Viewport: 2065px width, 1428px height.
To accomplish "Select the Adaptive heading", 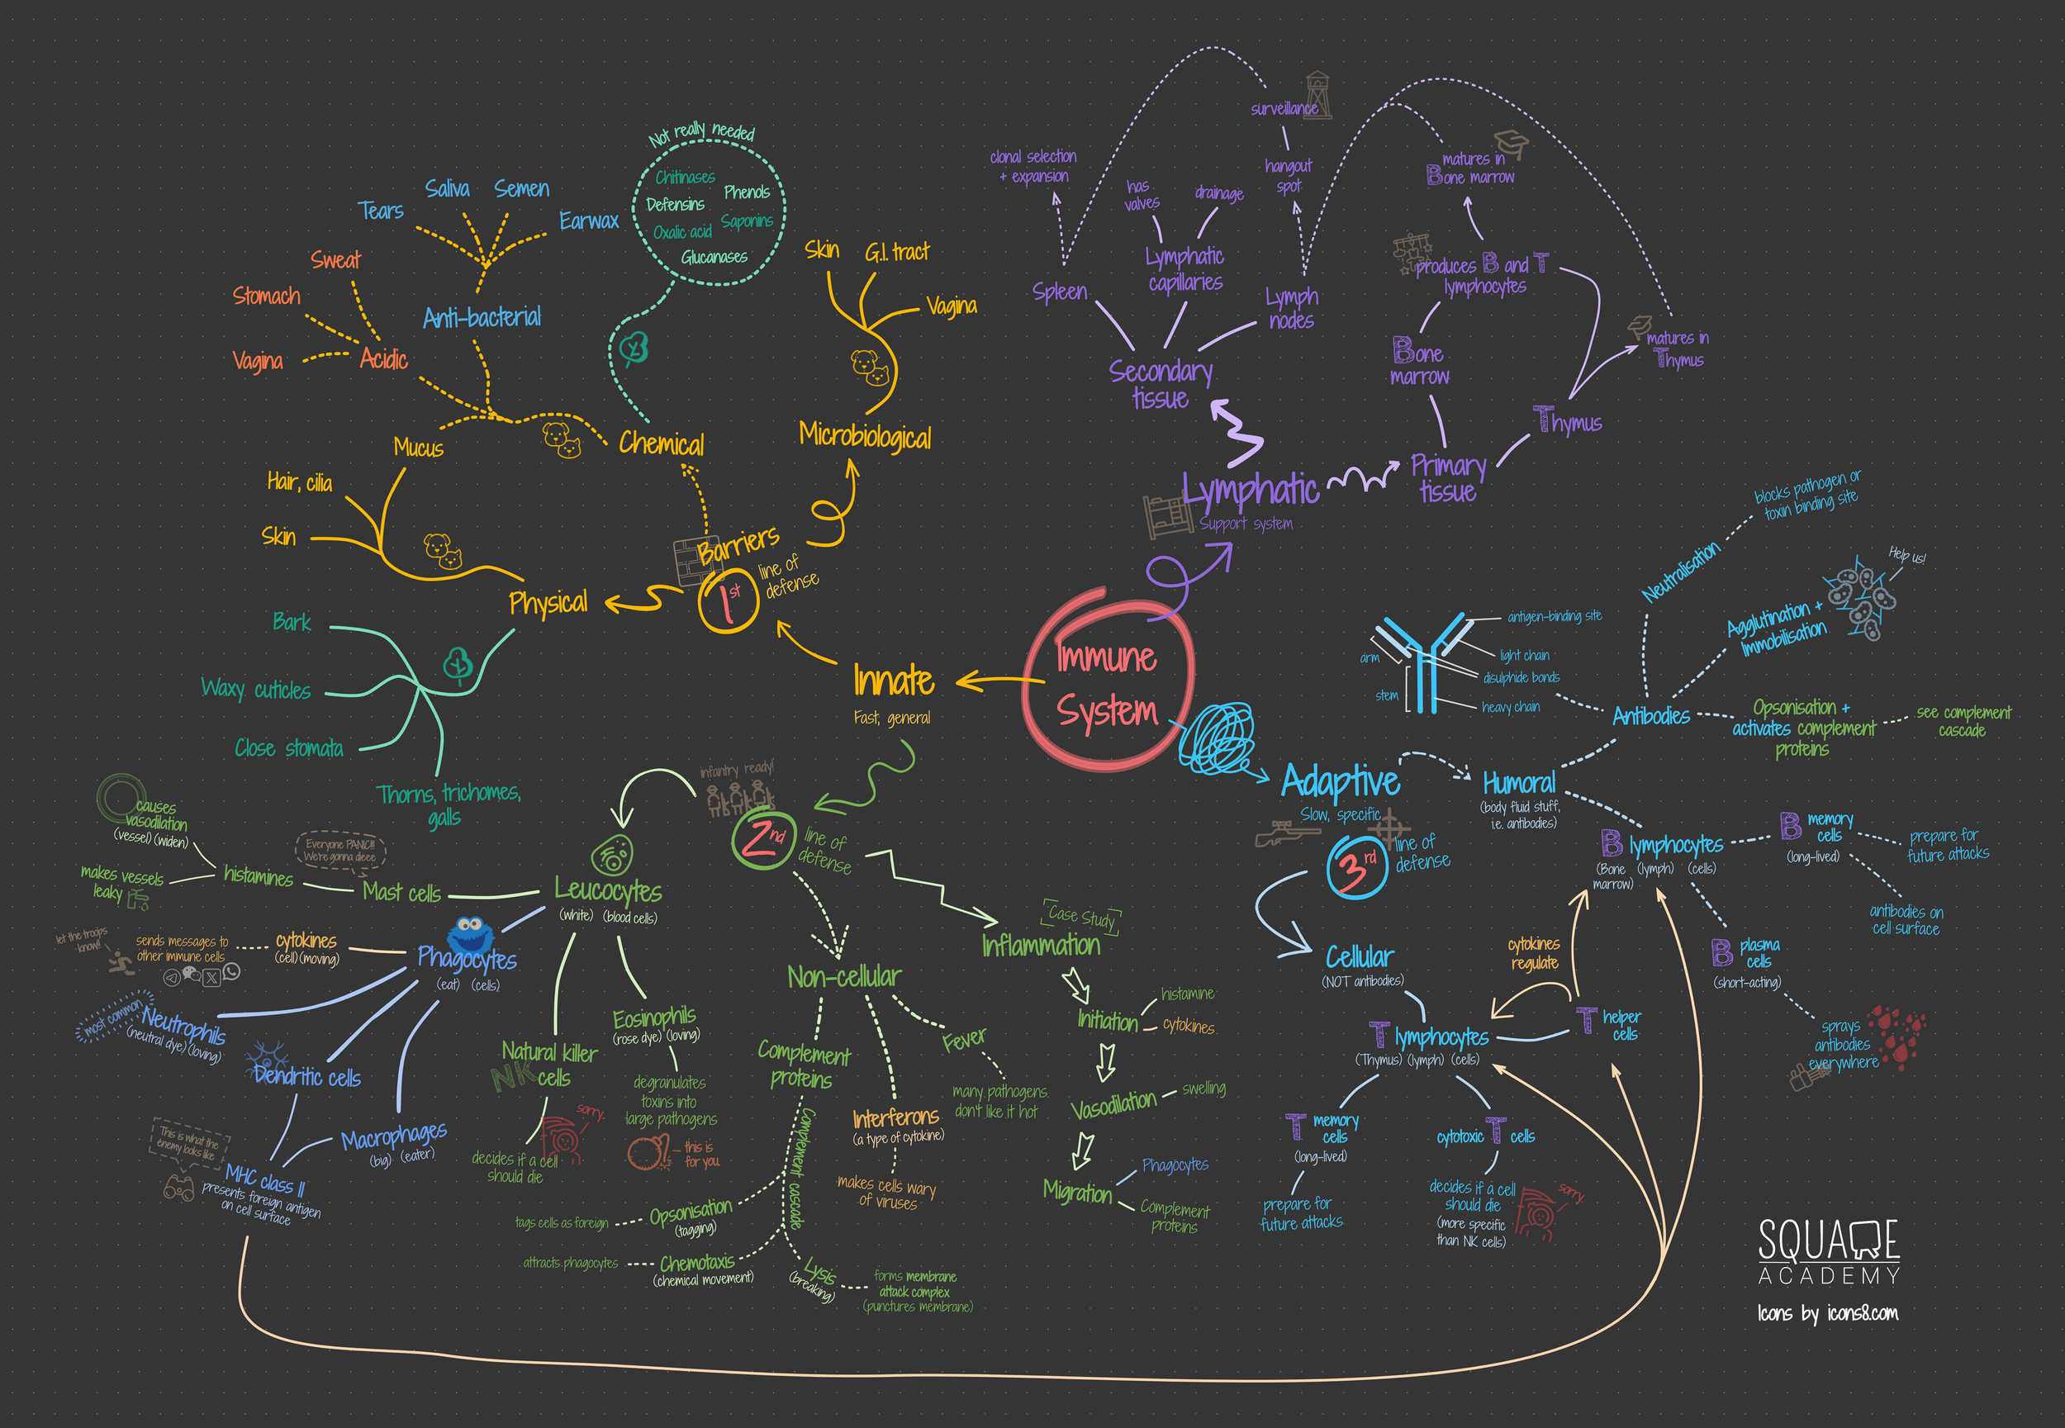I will point(1340,781).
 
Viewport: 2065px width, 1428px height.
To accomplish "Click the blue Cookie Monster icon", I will point(470,935).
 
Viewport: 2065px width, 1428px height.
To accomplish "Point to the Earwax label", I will point(589,221).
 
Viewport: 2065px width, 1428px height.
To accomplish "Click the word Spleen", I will point(1059,292).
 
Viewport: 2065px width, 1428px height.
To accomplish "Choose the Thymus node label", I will point(1568,420).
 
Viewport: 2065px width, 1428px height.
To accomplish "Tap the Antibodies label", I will point(1650,716).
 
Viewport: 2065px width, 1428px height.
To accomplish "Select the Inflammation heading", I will point(1041,945).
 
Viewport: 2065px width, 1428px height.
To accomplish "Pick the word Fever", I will point(964,1040).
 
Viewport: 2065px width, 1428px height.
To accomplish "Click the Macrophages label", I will point(394,1136).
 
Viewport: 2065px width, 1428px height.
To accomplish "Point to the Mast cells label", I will point(401,892).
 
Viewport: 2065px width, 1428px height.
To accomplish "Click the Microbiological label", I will point(864,436).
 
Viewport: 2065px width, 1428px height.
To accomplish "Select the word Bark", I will point(292,622).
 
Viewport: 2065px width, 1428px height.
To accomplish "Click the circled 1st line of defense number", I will point(729,601).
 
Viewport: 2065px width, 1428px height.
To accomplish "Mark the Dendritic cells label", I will point(307,1075).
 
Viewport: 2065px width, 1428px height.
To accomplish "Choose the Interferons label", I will point(895,1117).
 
